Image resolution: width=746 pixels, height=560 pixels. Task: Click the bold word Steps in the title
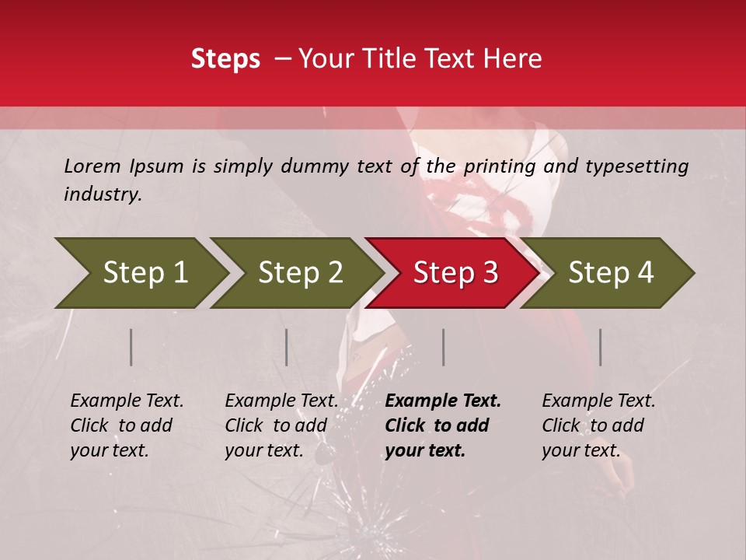point(225,59)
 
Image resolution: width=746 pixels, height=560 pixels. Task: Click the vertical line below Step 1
point(131,347)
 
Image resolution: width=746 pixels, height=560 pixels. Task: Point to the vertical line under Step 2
point(287,347)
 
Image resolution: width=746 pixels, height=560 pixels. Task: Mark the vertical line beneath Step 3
point(444,347)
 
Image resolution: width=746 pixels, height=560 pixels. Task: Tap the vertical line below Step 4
point(601,347)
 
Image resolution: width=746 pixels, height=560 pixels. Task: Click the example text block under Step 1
point(127,425)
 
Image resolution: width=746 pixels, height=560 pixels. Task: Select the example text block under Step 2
point(281,425)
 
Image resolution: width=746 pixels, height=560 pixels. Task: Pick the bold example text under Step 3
point(443,425)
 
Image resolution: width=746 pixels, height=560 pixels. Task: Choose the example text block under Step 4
point(598,425)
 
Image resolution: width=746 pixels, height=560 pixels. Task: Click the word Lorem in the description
point(92,166)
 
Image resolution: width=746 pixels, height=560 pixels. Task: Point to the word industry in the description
point(103,194)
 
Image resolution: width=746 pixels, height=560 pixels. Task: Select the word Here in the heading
point(516,59)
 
